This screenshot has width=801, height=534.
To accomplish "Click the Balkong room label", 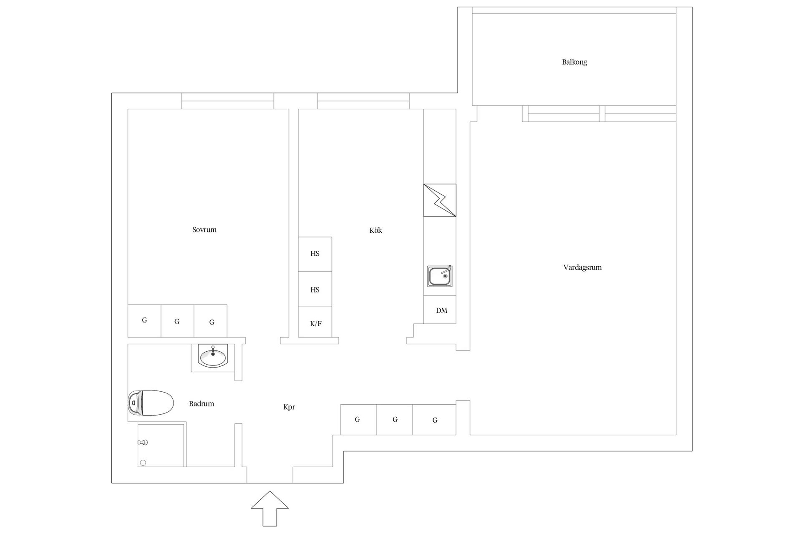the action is click(574, 62).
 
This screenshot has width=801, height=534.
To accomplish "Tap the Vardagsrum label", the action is click(582, 267).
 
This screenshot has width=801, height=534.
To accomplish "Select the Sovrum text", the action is click(204, 229).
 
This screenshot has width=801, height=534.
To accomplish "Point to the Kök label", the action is click(375, 230).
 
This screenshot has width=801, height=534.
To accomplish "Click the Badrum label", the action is click(202, 403).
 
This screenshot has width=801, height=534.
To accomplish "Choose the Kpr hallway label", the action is click(289, 407).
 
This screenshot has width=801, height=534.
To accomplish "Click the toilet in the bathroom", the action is click(151, 403).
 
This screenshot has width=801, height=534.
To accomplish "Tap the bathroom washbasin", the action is click(213, 357).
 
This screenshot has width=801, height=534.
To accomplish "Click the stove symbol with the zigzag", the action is click(440, 200).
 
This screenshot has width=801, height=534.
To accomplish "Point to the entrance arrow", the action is click(270, 509).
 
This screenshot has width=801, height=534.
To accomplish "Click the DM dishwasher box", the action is click(440, 310).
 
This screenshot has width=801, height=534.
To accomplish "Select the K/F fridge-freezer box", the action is click(315, 322).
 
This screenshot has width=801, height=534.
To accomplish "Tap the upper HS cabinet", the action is click(315, 254).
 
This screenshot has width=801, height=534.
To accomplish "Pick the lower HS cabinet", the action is click(315, 289).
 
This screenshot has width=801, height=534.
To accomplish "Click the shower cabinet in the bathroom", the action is click(161, 444).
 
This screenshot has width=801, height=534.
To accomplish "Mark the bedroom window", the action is click(228, 101).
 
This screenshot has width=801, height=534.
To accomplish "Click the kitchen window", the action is click(363, 101).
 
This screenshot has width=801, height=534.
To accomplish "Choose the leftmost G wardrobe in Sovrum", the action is click(144, 321).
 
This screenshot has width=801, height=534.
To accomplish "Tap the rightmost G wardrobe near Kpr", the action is click(434, 420).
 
